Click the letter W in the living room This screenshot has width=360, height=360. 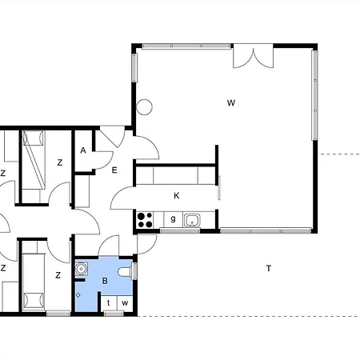[x=231, y=103]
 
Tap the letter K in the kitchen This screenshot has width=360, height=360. [x=176, y=196]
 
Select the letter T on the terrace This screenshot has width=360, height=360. [x=269, y=268]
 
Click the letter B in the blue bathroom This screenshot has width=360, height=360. [x=105, y=281]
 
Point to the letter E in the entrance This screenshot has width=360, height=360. [x=114, y=170]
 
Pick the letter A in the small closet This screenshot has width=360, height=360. [x=83, y=150]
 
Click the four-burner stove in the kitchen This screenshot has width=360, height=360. [x=145, y=220]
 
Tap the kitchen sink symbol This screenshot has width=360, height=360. [x=192, y=220]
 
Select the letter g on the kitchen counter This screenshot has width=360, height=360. [x=173, y=219]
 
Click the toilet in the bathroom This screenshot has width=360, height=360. [x=125, y=272]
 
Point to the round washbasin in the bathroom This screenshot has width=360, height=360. [x=81, y=269]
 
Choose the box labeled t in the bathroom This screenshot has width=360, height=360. [x=109, y=303]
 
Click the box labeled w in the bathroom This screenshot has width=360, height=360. [x=125, y=303]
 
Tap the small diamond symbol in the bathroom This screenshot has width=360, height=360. [x=78, y=295]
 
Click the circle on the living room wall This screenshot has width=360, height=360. [x=144, y=107]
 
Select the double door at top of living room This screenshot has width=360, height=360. [x=254, y=56]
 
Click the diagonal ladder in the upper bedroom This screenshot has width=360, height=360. [x=34, y=160]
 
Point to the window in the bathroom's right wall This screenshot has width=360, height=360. [x=135, y=271]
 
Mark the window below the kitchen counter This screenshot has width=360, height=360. [x=180, y=231]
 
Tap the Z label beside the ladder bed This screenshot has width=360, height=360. [x=60, y=162]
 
